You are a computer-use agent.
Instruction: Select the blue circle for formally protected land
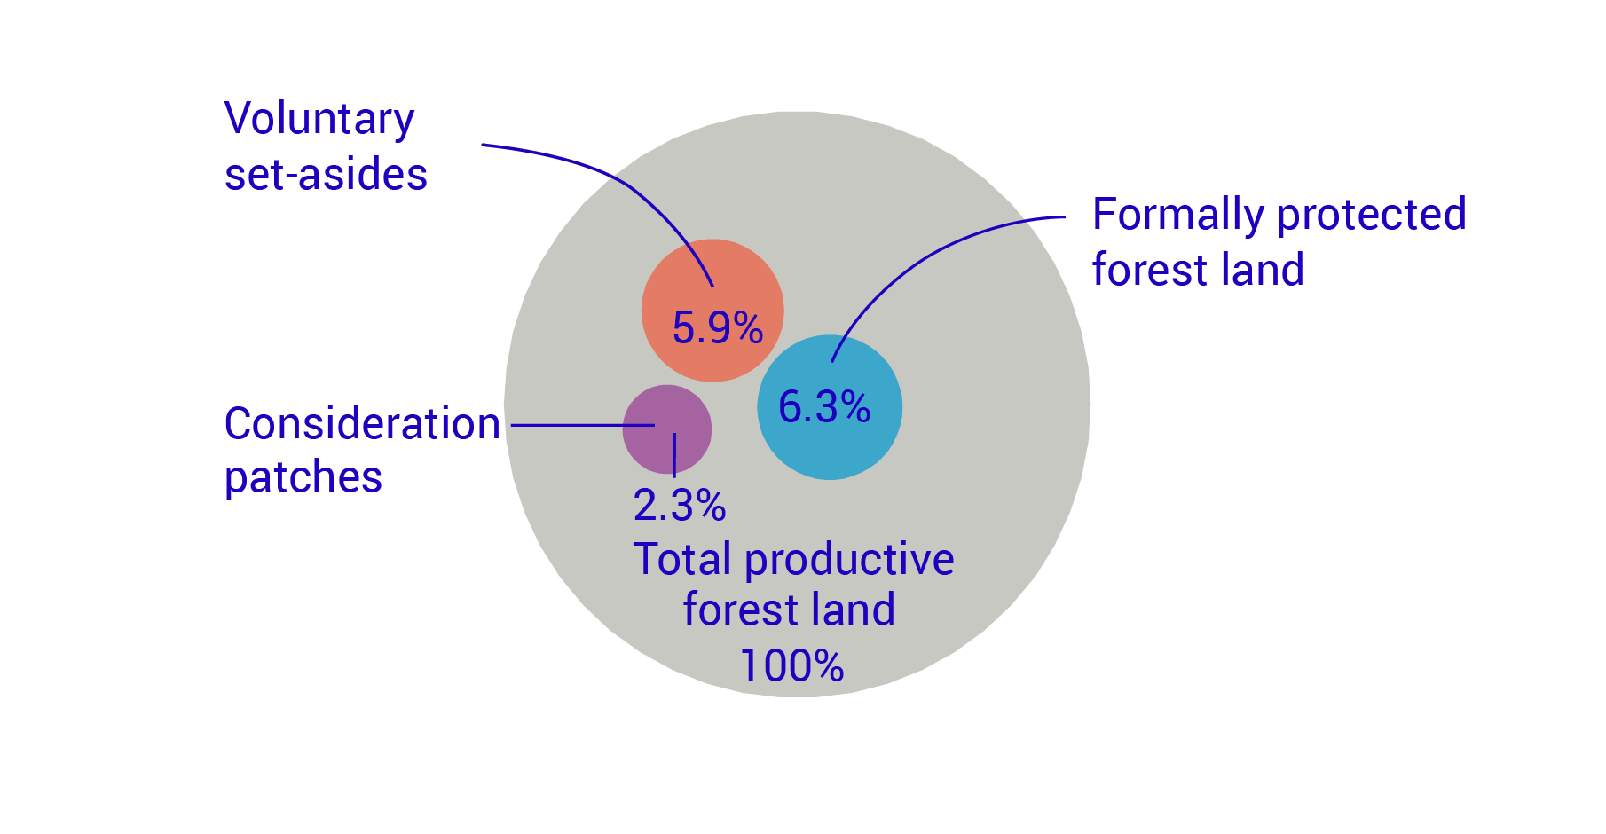click(852, 444)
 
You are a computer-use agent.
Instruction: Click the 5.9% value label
click(717, 328)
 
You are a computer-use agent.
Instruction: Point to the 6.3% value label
click(824, 407)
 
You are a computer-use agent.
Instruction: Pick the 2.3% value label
click(680, 506)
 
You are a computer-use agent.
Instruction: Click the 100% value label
click(791, 665)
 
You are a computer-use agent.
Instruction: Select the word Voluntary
click(319, 120)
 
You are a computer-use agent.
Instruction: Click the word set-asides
click(326, 175)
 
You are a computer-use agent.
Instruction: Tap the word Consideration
click(362, 424)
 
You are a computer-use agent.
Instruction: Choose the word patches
click(303, 478)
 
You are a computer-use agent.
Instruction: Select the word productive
click(849, 560)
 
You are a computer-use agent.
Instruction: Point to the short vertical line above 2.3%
click(674, 454)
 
